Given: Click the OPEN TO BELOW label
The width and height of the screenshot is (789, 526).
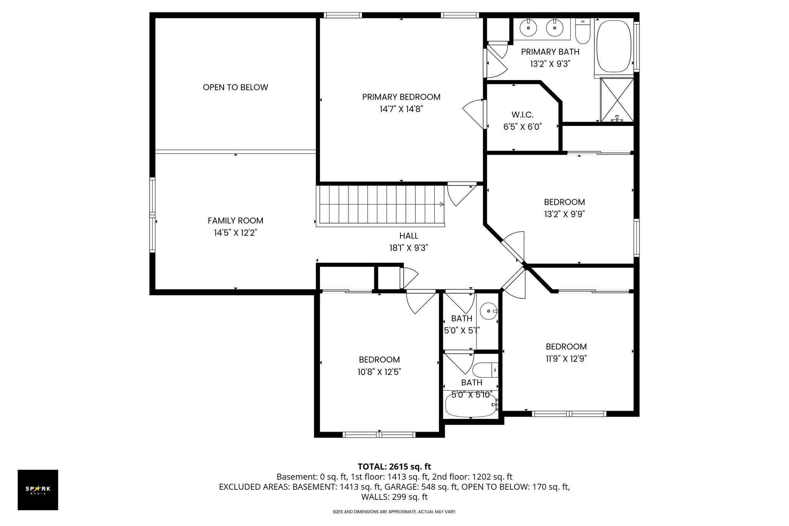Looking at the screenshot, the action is point(235,87).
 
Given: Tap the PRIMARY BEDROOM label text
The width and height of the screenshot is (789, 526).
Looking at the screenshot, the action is point(401,97).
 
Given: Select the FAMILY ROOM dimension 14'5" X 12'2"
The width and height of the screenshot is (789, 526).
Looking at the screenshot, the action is point(236,233).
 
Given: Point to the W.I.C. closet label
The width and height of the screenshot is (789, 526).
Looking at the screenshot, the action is point(523,114).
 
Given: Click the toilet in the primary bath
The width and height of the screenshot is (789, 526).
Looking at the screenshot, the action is point(583,30).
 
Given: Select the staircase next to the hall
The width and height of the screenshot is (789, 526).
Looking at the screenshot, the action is point(380,206).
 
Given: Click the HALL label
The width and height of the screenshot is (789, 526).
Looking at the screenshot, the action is point(409,235).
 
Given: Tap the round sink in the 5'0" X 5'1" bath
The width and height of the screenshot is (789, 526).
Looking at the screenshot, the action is point(489,311).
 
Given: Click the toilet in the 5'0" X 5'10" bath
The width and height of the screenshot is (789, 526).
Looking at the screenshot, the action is point(485,370).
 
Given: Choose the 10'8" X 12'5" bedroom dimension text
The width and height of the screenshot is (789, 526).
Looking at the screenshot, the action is point(379,372).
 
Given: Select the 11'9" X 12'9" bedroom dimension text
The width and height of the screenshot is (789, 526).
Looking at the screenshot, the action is point(566,359).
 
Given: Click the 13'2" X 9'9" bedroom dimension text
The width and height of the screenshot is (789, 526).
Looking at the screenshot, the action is point(565,214).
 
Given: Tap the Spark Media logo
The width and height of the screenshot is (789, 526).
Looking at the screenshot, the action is point(38,490).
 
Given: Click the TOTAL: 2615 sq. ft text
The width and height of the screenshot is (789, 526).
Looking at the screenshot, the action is point(394,467).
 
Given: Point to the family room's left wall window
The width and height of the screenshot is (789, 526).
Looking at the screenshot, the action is point(153,215).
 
